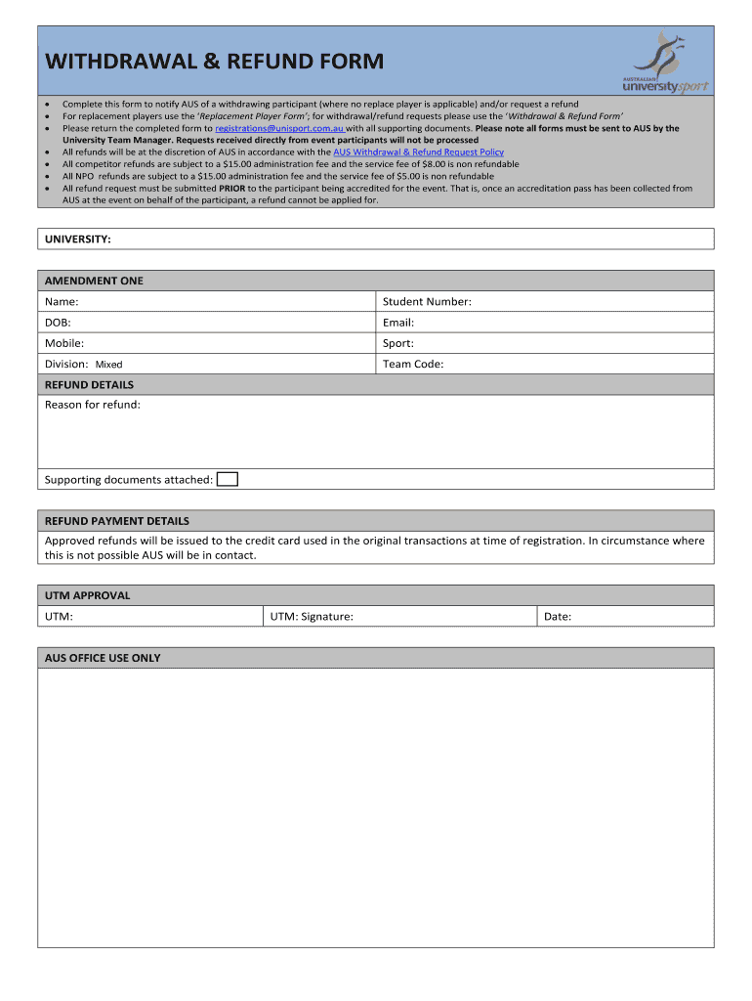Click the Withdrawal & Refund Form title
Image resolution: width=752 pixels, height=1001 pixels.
pyautogui.click(x=214, y=63)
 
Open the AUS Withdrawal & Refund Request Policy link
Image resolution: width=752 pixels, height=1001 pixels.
pyautogui.click(x=419, y=152)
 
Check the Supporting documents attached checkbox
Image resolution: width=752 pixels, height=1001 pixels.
pyautogui.click(x=227, y=479)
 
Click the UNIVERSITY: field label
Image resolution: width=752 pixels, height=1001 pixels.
pyautogui.click(x=77, y=239)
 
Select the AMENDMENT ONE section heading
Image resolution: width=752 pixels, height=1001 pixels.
pyautogui.click(x=94, y=281)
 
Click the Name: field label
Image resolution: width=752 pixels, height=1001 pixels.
pyautogui.click(x=62, y=302)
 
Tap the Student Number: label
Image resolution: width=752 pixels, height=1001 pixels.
pyautogui.click(x=427, y=302)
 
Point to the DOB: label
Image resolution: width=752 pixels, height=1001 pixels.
pyautogui.click(x=58, y=323)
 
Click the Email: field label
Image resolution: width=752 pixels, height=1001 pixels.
pyautogui.click(x=398, y=323)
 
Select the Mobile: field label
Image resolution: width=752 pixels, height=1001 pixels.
pyautogui.click(x=64, y=343)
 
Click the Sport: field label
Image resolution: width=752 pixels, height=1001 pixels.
pyautogui.click(x=398, y=343)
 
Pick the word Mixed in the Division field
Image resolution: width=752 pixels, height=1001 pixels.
pyautogui.click(x=108, y=365)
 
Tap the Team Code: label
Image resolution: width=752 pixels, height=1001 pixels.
pyautogui.click(x=413, y=364)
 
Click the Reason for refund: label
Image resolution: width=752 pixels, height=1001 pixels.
pyautogui.click(x=93, y=405)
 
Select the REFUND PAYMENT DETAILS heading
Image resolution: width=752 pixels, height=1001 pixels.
pyautogui.click(x=117, y=521)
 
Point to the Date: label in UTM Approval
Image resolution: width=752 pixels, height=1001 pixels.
pyautogui.click(x=558, y=617)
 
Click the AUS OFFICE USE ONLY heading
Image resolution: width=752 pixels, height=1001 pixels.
pyautogui.click(x=103, y=658)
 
